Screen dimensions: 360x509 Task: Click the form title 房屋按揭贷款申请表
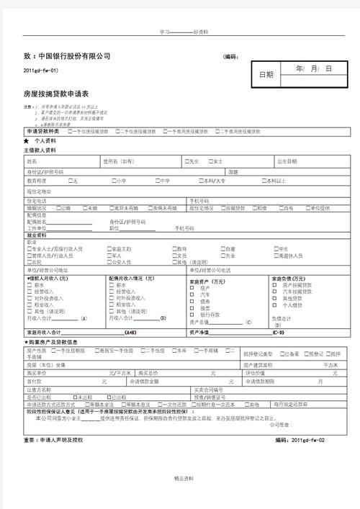[55, 94]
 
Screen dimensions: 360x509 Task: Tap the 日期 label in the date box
[266, 74]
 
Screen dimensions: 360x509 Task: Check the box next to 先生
[186, 161]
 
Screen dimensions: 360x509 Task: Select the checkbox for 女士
[212, 161]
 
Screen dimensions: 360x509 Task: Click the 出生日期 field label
[286, 161]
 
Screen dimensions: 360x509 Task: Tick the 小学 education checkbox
[113, 181]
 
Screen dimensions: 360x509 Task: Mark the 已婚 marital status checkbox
[59, 208]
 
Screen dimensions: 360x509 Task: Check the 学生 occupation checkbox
[276, 248]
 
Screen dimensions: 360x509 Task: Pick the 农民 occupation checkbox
[29, 262]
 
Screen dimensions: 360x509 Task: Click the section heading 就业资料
[36, 235]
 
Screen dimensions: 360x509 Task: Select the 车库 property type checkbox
[173, 350]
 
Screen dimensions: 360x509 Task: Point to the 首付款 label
[34, 382]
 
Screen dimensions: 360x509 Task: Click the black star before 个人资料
[27, 142]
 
